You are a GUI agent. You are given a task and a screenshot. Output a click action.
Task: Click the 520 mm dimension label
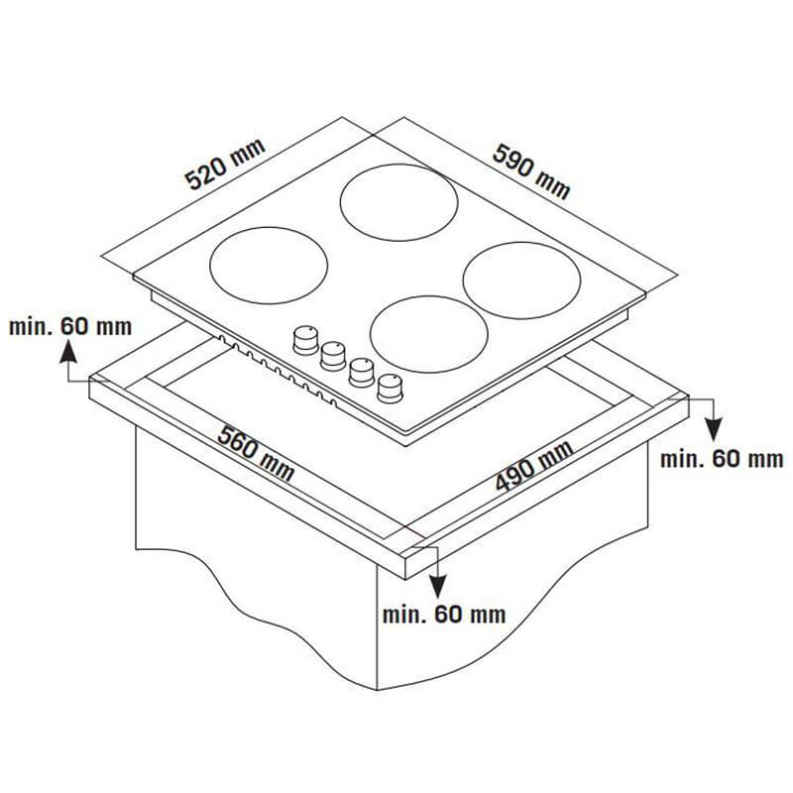(225, 164)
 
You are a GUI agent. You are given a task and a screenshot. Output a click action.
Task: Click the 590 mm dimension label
(531, 170)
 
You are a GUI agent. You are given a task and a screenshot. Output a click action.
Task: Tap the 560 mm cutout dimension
(256, 454)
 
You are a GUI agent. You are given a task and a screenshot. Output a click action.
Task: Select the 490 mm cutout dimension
(534, 466)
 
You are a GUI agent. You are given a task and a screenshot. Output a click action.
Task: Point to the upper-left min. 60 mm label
(70, 327)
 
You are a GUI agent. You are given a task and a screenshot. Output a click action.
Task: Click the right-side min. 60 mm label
(722, 459)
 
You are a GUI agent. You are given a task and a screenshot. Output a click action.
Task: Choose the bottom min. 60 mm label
(444, 615)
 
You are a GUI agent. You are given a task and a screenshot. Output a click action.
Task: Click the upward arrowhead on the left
(68, 352)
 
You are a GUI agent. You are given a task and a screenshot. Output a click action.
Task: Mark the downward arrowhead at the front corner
(438, 587)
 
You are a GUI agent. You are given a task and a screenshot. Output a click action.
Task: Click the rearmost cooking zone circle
(399, 202)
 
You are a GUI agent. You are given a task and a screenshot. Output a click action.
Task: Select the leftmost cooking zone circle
(269, 266)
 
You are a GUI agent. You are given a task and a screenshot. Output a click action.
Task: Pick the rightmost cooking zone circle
(522, 281)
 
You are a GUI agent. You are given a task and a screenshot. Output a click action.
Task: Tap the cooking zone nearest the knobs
(429, 334)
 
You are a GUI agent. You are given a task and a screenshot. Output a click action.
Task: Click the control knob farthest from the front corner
(305, 340)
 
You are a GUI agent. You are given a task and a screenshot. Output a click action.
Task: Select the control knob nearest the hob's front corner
(390, 389)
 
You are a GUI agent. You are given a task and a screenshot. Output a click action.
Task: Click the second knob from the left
(333, 356)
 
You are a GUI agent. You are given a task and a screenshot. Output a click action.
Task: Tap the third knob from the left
(362, 373)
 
